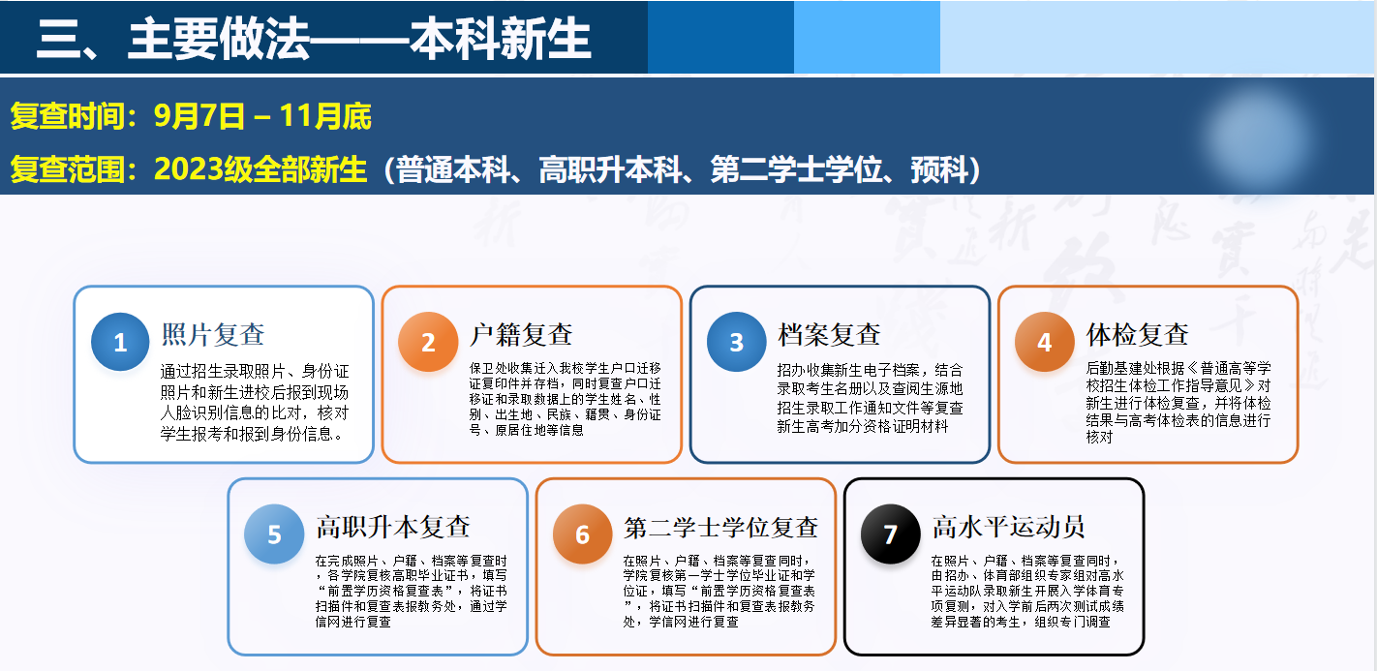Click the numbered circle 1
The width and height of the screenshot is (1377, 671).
point(120,342)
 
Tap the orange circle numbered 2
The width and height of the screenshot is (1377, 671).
point(428,342)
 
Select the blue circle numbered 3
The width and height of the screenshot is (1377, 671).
point(737,342)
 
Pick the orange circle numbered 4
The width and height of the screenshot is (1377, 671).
point(1045,342)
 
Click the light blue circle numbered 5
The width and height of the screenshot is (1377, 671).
point(274,534)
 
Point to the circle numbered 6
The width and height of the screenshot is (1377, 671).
point(582,534)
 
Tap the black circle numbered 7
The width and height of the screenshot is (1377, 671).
point(890,534)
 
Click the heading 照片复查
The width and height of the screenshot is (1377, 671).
point(213,335)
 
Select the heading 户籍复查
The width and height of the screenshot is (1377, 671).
point(521,335)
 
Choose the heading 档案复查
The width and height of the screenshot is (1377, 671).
point(829,335)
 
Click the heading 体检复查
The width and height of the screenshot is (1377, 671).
point(1137,335)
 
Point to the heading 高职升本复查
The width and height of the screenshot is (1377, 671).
point(393,527)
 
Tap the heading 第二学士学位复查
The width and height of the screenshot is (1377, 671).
point(720,527)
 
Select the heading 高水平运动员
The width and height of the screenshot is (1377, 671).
point(1008,527)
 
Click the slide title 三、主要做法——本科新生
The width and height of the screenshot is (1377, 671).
point(314,39)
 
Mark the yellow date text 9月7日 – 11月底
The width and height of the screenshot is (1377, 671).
point(262,116)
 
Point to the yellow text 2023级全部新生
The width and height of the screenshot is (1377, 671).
point(260,169)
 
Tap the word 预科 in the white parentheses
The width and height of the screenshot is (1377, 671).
point(938,169)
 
